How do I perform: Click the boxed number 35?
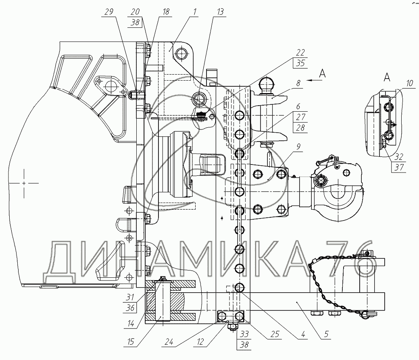pyautogui.click(x=300, y=63)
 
